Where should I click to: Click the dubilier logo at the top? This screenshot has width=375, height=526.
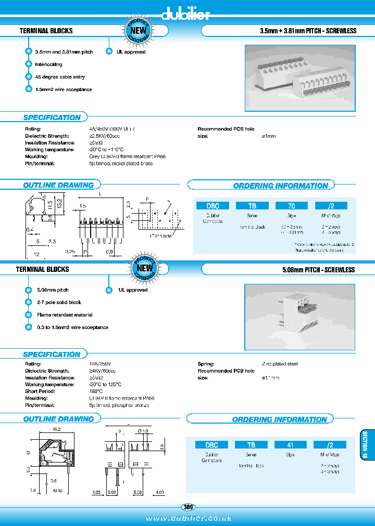pyautogui.click(x=185, y=14)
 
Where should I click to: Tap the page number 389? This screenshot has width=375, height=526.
pyautogui.click(x=187, y=507)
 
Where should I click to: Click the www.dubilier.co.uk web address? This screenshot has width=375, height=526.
pyautogui.click(x=189, y=518)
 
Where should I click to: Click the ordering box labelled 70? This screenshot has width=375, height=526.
pyautogui.click(x=292, y=205)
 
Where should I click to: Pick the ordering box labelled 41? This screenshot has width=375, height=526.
pyautogui.click(x=291, y=445)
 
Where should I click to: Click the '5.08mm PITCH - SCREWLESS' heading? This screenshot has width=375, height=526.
pyautogui.click(x=317, y=270)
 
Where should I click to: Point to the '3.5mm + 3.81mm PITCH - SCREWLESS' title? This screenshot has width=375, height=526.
pyautogui.click(x=308, y=31)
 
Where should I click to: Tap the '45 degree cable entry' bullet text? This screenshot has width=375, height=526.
pyautogui.click(x=60, y=77)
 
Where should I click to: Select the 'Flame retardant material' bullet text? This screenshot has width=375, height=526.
pyautogui.click(x=65, y=315)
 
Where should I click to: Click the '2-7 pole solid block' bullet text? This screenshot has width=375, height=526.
pyautogui.click(x=59, y=303)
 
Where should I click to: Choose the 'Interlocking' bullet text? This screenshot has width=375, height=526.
pyautogui.click(x=48, y=64)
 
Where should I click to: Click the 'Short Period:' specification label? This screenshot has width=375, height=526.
pyautogui.click(x=40, y=391)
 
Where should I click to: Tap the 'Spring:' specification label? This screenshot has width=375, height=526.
pyautogui.click(x=206, y=364)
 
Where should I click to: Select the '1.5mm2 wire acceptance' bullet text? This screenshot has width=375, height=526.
pyautogui.click(x=64, y=89)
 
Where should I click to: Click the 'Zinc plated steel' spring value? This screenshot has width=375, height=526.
pyautogui.click(x=279, y=364)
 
